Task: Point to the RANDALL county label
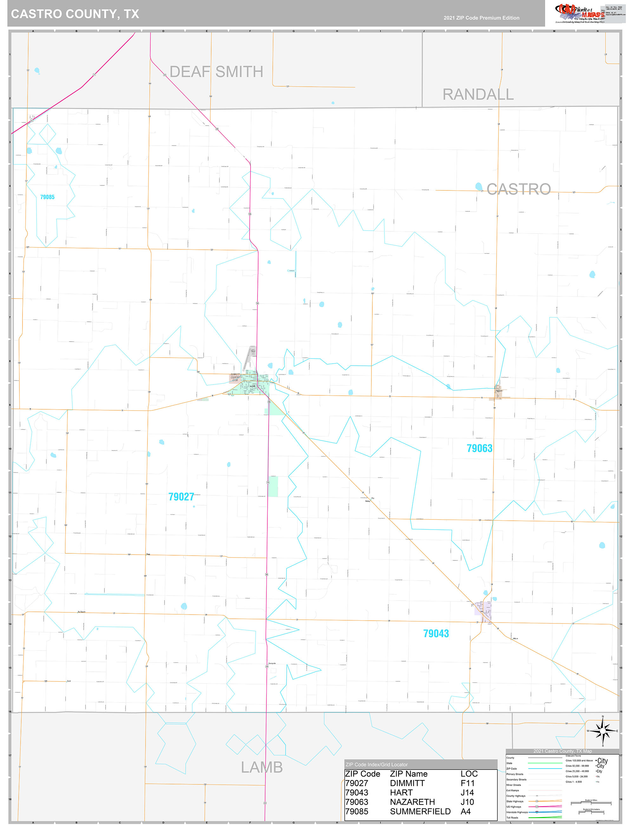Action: (x=478, y=95)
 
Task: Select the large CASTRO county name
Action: (x=519, y=189)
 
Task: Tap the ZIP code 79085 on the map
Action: (x=47, y=197)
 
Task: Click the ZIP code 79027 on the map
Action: (x=181, y=497)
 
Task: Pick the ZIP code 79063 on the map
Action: (x=479, y=448)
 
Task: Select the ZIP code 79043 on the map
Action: (x=435, y=633)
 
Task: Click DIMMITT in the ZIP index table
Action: (x=407, y=783)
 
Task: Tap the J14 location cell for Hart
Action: (x=467, y=793)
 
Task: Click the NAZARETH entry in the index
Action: (x=412, y=802)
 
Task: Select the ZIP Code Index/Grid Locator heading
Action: (x=376, y=764)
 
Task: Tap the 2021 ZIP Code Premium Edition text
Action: (x=481, y=18)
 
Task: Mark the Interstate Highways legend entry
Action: (x=517, y=812)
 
